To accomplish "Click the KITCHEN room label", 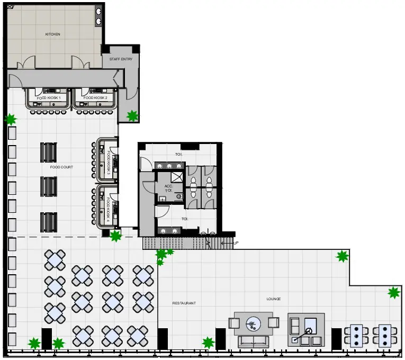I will (x=52, y=34).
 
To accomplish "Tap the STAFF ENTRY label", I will (x=121, y=59).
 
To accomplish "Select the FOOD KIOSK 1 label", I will (x=49, y=98).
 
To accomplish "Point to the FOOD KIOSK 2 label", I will (x=95, y=98).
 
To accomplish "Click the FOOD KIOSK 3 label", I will (x=109, y=159).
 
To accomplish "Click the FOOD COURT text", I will (x=61, y=167).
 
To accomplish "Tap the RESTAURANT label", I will (x=184, y=303).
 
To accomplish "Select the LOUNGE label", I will (x=274, y=299).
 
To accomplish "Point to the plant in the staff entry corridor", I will (x=132, y=115).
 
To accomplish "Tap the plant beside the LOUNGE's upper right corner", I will (x=343, y=257).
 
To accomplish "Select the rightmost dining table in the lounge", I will (x=382, y=335).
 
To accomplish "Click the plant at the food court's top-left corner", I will (x=10, y=120).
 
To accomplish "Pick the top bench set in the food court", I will (x=49, y=152).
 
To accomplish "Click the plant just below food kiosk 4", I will (x=115, y=236).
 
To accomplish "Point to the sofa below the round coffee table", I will (x=253, y=341).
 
